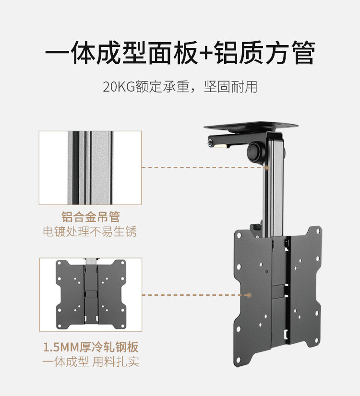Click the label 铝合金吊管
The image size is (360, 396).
[x=90, y=217]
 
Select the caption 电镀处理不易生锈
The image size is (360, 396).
[x=90, y=232]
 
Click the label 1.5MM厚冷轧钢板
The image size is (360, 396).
[x=90, y=347]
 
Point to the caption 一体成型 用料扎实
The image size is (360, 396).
[x=90, y=361]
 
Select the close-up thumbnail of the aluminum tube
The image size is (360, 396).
[x=90, y=168]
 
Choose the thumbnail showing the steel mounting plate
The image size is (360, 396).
[x=90, y=295]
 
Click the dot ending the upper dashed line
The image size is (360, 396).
[x=265, y=167]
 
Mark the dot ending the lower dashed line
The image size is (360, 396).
[x=249, y=295]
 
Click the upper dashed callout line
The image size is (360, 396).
[x=202, y=168]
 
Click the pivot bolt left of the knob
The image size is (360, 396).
[x=212, y=142]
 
